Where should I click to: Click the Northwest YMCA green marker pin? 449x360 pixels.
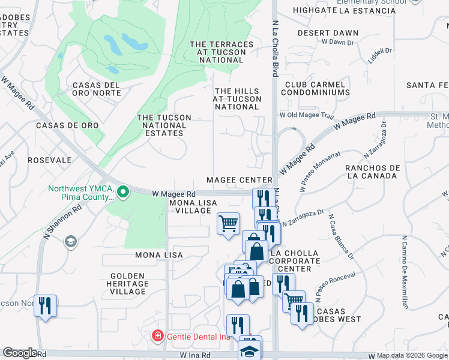tap(123, 192)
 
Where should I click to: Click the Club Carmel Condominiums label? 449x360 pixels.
tap(317, 89)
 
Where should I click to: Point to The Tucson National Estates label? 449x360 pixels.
tap(164, 125)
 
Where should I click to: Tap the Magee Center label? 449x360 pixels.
tap(240, 180)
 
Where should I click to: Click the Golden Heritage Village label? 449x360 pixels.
tap(128, 284)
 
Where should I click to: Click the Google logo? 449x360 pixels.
tap(20, 353)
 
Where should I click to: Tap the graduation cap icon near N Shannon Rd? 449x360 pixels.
tap(71, 241)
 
